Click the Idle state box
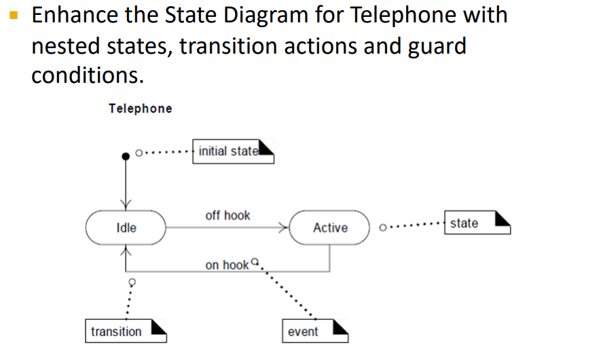click(x=126, y=228)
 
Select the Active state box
click(x=330, y=228)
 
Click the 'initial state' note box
click(x=234, y=151)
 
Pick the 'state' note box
click(x=477, y=223)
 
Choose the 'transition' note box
click(x=126, y=331)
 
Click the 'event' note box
click(x=315, y=331)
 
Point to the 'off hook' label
click(x=227, y=215)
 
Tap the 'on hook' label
click(x=227, y=265)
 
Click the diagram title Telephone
click(x=140, y=109)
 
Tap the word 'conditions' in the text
click(x=87, y=75)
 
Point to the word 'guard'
click(x=432, y=46)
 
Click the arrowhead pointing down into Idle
click(x=126, y=204)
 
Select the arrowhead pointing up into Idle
click(x=126, y=251)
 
